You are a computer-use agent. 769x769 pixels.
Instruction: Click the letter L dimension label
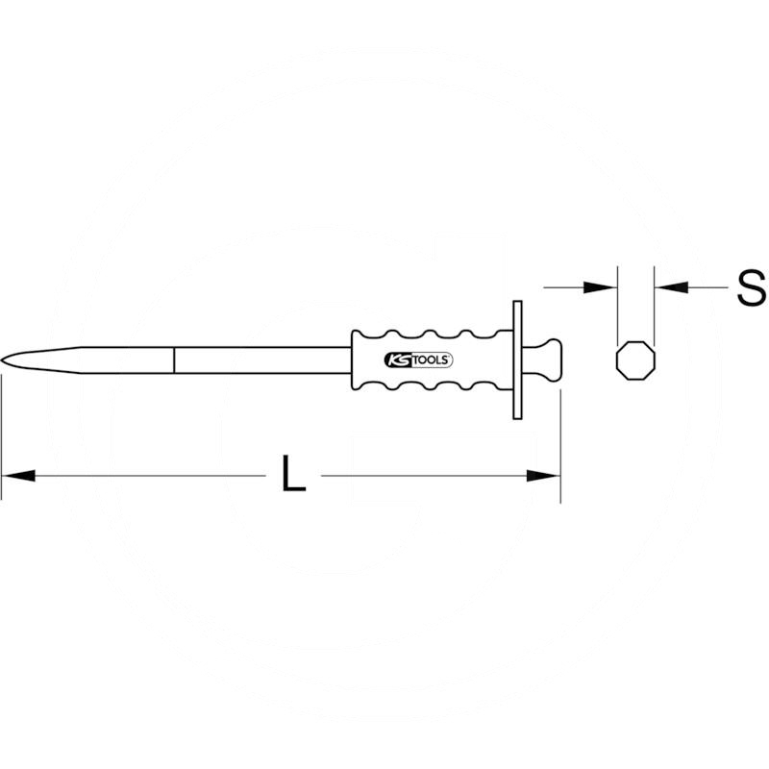point(293,474)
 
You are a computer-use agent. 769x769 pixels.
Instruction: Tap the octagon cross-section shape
point(635,359)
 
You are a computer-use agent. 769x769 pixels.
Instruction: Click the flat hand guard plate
point(518,359)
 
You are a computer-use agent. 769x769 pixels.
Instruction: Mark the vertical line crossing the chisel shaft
point(174,360)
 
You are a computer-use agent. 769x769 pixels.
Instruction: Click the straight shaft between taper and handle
point(260,360)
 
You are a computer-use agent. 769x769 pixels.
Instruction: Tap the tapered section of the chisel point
point(87,360)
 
